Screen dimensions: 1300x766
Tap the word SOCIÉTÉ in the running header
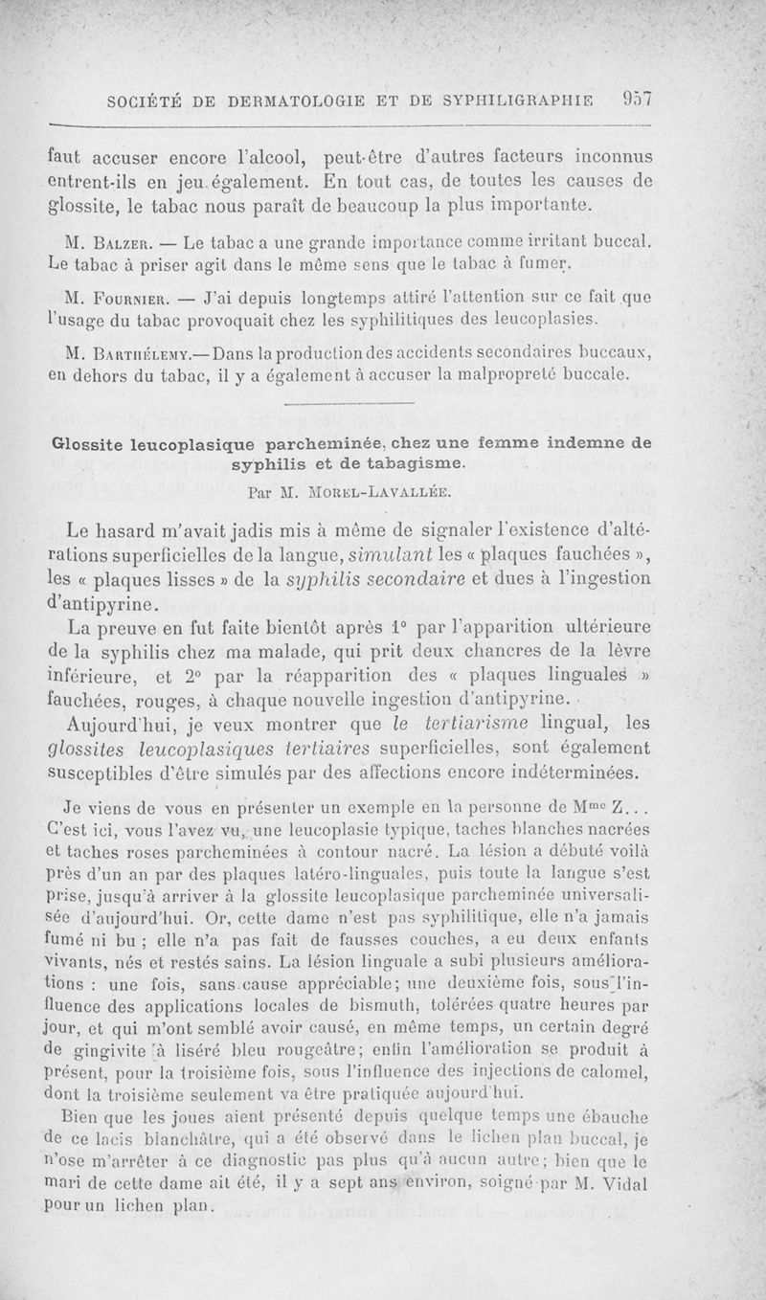(147, 99)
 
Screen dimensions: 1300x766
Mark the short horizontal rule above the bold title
(349, 404)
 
